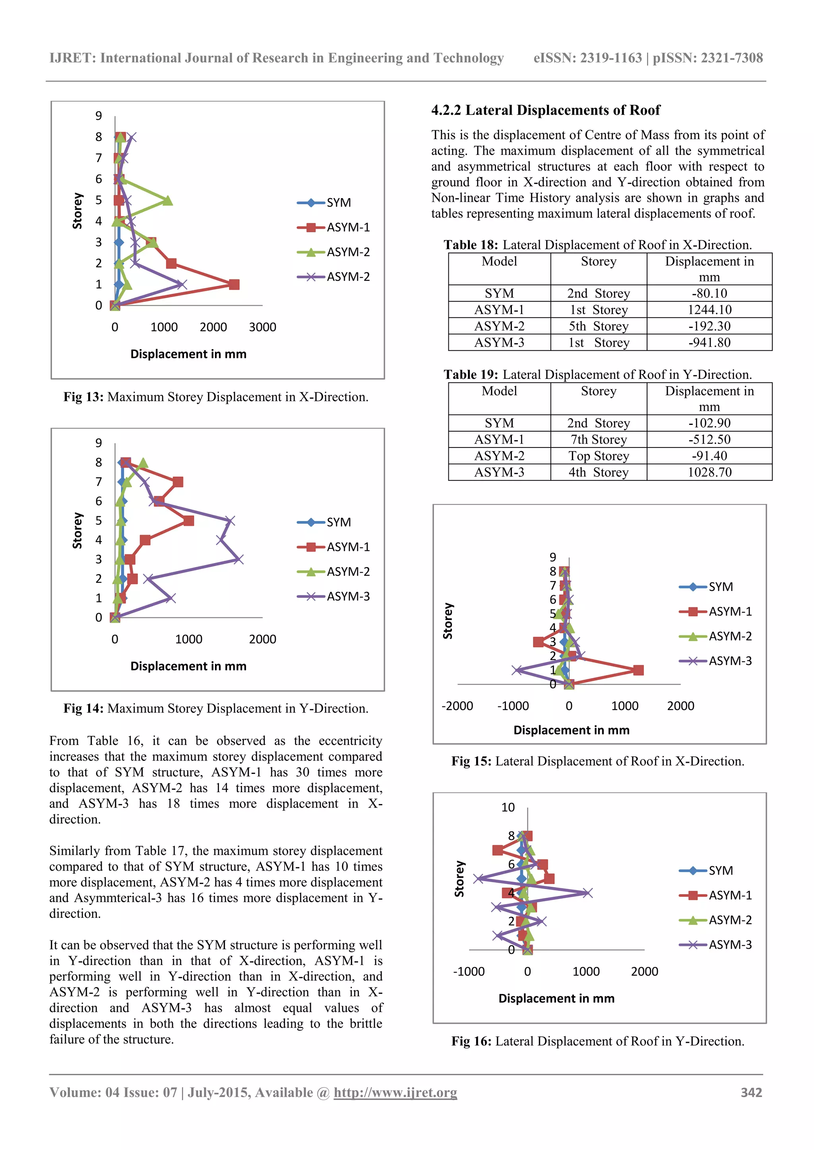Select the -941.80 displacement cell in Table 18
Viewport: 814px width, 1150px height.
click(709, 343)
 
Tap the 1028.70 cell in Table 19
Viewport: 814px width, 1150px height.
click(709, 472)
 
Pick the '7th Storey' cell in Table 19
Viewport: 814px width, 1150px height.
click(599, 440)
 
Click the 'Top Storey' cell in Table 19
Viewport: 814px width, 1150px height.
click(599, 456)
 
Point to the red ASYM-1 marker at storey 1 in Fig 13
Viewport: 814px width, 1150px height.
click(234, 284)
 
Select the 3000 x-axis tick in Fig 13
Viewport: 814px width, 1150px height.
click(262, 328)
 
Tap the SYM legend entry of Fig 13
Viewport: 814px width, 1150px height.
click(338, 203)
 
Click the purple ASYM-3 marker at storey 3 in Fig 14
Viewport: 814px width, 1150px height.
click(238, 560)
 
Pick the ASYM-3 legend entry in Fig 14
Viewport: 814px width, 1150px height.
click(348, 596)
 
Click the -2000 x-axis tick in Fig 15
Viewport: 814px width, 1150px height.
click(457, 706)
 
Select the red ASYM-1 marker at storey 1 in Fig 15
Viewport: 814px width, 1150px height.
click(638, 670)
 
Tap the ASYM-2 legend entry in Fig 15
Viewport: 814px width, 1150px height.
click(730, 637)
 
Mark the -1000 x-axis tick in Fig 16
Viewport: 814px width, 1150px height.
click(469, 972)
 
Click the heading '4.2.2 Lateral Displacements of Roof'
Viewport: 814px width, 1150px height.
click(545, 110)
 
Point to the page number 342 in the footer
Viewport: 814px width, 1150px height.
click(751, 1092)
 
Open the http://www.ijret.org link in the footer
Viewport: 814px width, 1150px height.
click(395, 1092)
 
